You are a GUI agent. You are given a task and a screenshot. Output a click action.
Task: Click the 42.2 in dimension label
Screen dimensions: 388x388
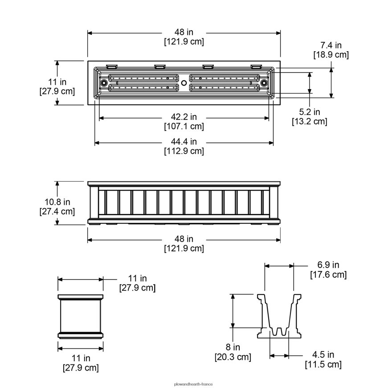click(184, 117)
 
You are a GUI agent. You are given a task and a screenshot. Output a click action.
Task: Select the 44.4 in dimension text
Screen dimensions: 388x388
click(184, 142)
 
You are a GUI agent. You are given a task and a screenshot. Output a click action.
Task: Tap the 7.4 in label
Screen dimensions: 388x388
click(331, 45)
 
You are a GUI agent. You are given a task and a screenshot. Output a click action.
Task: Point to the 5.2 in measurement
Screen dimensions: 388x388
click(309, 112)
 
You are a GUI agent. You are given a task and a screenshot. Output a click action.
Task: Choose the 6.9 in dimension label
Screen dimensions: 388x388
click(328, 265)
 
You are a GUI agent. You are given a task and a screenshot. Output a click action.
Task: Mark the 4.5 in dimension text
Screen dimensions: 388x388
click(323, 355)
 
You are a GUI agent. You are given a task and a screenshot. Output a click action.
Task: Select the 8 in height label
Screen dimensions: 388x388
click(233, 347)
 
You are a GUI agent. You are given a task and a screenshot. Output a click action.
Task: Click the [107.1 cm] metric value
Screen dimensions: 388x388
click(184, 127)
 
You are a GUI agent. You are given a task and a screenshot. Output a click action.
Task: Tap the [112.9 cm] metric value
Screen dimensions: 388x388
click(184, 151)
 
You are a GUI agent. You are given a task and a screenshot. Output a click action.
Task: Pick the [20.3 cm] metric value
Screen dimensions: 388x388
click(233, 357)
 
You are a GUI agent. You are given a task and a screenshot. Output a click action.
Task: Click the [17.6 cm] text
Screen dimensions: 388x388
click(328, 274)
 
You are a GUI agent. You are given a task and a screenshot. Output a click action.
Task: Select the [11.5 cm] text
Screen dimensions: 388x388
click(323, 364)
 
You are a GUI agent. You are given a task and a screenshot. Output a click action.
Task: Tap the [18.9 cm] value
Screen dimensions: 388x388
click(331, 54)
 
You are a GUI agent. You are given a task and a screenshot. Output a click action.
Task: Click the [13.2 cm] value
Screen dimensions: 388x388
click(309, 121)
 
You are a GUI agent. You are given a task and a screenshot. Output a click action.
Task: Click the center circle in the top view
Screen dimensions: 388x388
click(184, 83)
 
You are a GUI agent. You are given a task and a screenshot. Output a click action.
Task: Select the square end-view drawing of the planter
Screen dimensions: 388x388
click(81, 316)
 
